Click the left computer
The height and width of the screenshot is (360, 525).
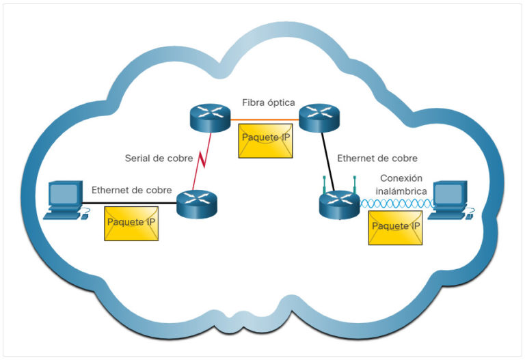66,200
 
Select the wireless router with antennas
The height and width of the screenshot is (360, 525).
339,204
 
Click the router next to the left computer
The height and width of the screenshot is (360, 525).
196,204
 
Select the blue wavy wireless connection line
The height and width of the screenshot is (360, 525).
396,204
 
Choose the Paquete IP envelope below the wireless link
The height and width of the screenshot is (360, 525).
394,227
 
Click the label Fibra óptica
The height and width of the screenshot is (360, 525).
268,102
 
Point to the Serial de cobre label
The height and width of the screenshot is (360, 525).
159,158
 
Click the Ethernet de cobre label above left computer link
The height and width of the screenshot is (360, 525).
131,190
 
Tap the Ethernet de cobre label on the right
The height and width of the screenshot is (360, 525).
377,158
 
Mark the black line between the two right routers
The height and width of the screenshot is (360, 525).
327,161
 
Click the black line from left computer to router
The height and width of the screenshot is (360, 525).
130,204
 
